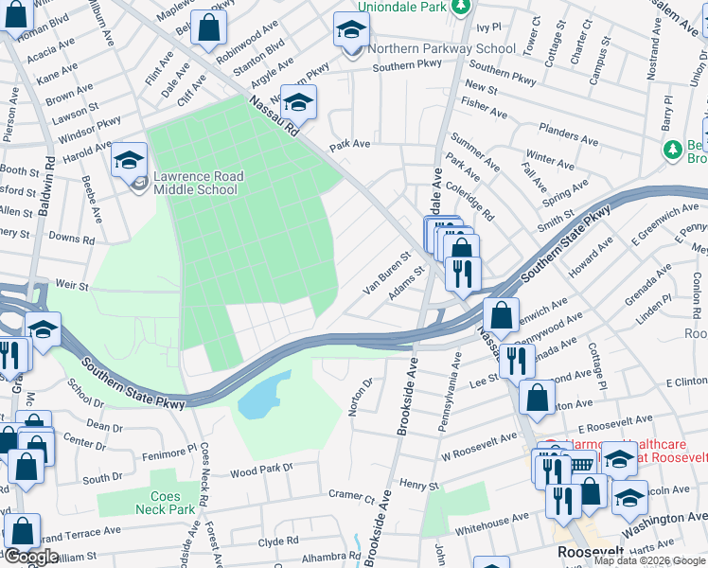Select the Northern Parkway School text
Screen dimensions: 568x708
(x=442, y=49)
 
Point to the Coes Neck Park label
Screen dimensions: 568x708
(x=171, y=503)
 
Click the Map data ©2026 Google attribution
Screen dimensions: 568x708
(x=649, y=560)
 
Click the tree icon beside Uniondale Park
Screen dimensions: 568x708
(x=460, y=7)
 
